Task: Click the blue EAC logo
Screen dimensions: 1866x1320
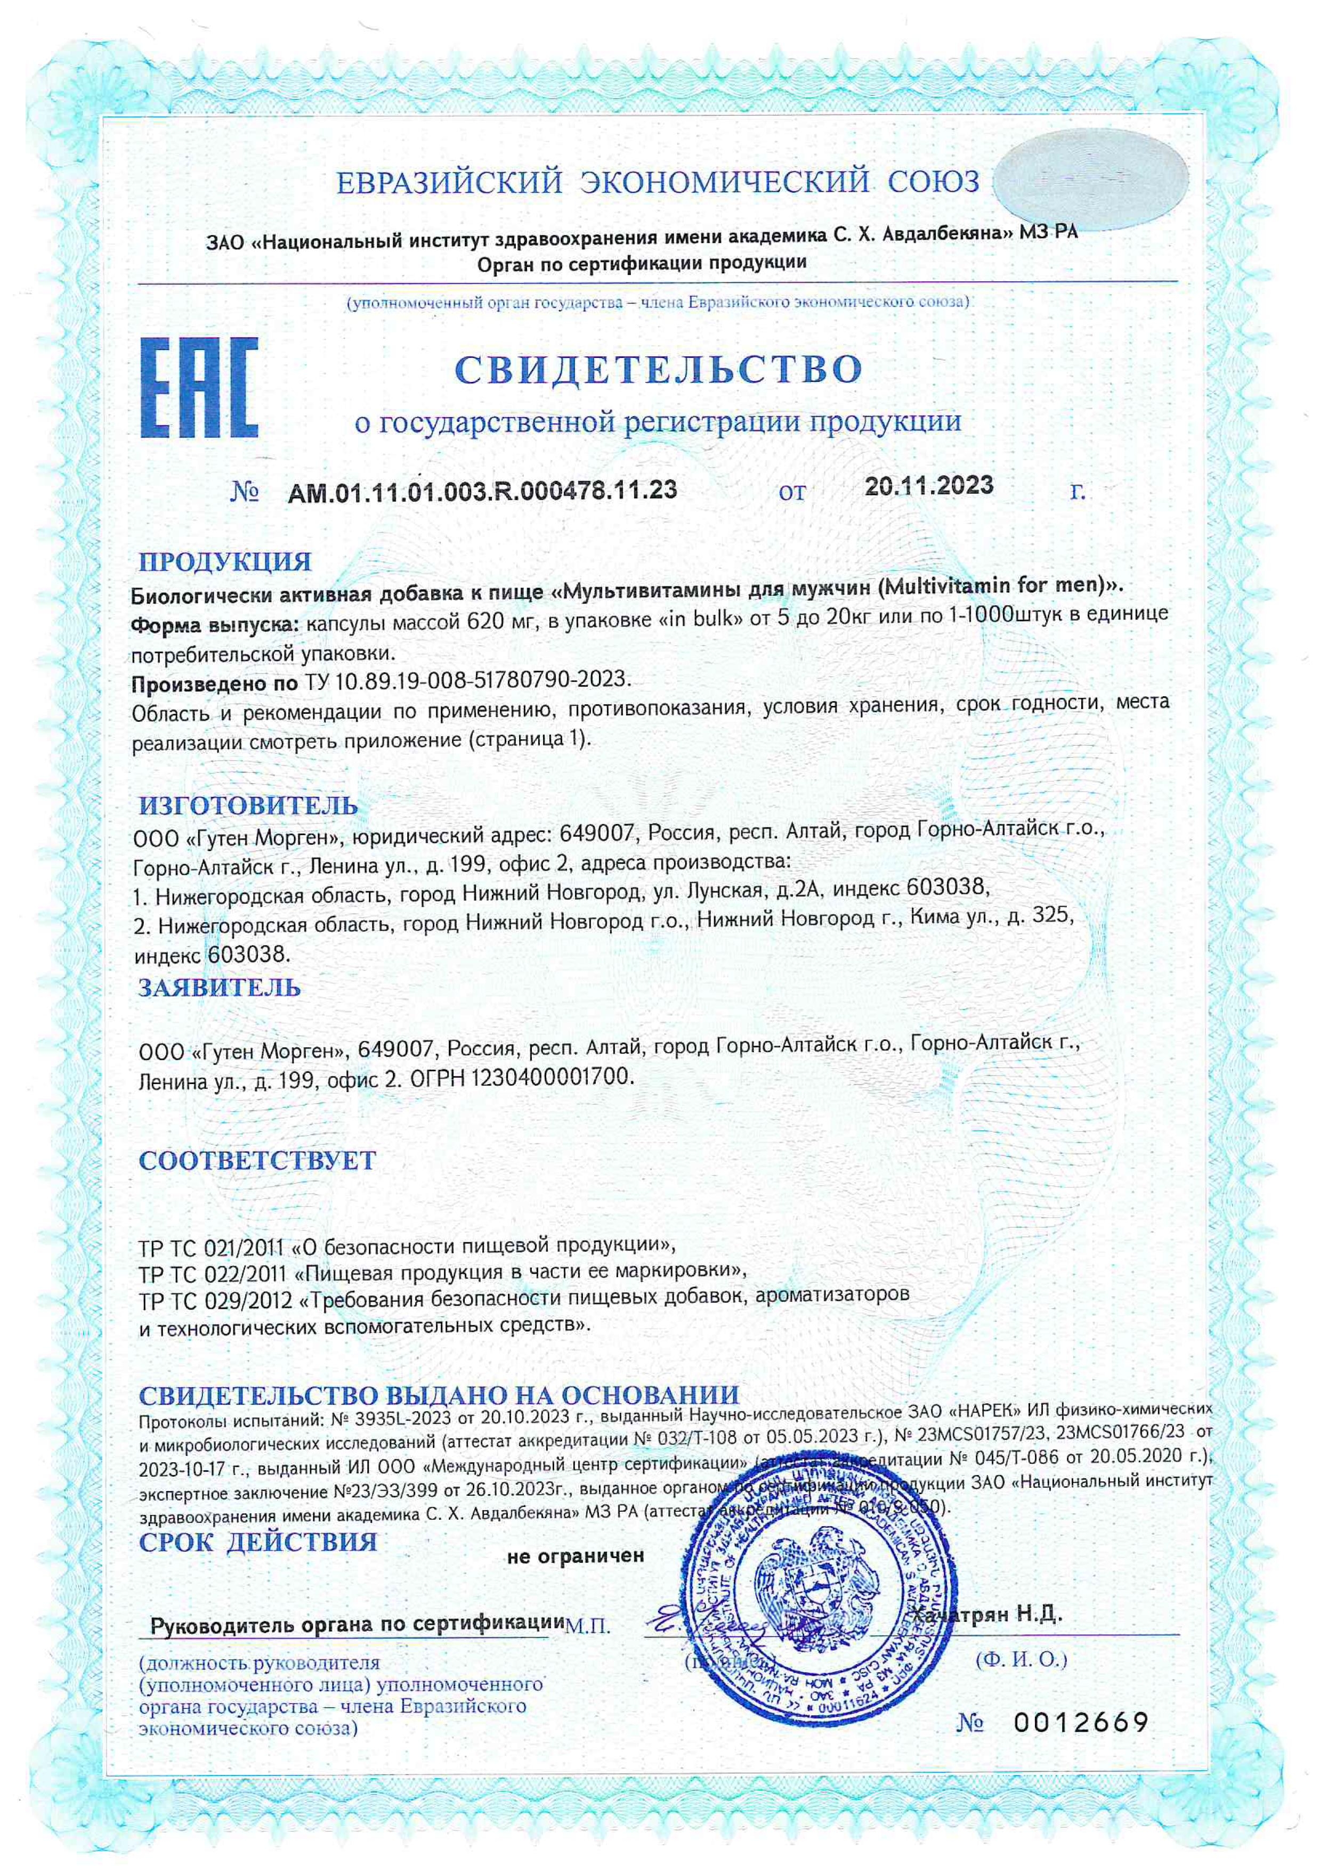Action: (199, 388)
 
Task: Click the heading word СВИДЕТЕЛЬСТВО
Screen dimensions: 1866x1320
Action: (658, 370)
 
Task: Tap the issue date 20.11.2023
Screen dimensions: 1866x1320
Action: (928, 486)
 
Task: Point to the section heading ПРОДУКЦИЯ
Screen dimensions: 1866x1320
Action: (225, 561)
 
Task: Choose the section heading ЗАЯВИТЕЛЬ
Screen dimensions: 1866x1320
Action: (220, 988)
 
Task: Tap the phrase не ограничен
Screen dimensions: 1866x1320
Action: (576, 1555)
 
